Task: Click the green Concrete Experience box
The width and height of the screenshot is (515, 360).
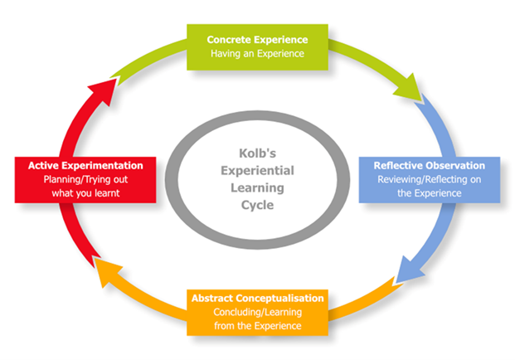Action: [x=257, y=47]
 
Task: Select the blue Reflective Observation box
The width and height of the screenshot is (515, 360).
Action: [x=430, y=180]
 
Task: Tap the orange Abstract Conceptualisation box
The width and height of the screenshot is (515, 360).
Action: [x=257, y=313]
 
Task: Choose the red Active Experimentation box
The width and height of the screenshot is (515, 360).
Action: [x=85, y=180]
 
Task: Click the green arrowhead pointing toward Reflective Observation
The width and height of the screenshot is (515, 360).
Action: [x=409, y=88]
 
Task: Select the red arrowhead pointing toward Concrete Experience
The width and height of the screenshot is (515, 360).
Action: [x=104, y=91]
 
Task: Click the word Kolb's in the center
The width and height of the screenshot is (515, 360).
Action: [x=257, y=153]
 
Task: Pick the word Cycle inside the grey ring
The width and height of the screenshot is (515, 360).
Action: [x=257, y=205]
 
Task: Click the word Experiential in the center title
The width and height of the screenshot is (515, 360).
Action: [x=257, y=171]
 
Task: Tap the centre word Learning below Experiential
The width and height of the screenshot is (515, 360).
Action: [x=257, y=188]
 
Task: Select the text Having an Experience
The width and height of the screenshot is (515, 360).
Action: [x=257, y=54]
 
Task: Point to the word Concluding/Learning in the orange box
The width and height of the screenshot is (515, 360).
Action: [x=257, y=313]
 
